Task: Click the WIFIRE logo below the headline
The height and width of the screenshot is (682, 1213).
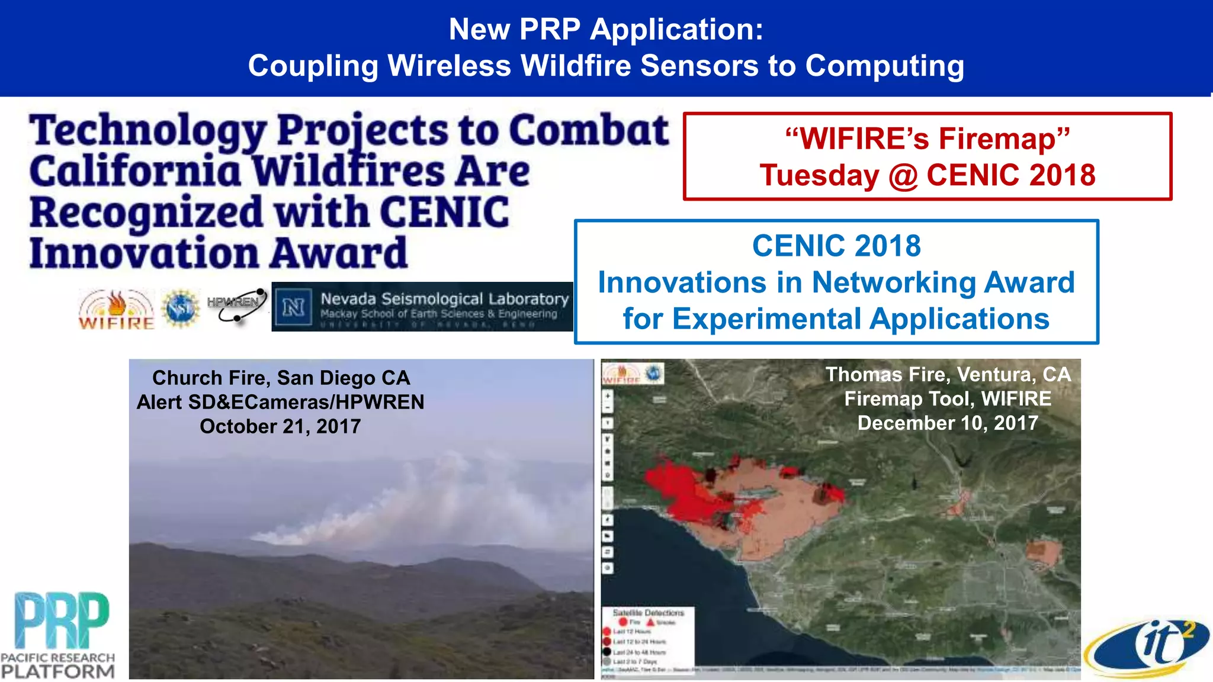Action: click(116, 310)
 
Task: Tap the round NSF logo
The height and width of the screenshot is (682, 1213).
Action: click(181, 308)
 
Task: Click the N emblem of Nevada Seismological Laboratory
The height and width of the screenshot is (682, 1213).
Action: click(294, 307)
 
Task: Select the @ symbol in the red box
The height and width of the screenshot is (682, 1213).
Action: click(903, 176)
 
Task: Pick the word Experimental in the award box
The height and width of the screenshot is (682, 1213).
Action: click(766, 319)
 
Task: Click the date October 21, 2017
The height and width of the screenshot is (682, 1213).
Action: click(280, 426)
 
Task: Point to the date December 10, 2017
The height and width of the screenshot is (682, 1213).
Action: click(948, 423)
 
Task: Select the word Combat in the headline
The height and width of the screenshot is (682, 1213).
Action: click(589, 131)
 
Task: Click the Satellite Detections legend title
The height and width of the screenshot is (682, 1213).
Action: click(648, 613)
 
